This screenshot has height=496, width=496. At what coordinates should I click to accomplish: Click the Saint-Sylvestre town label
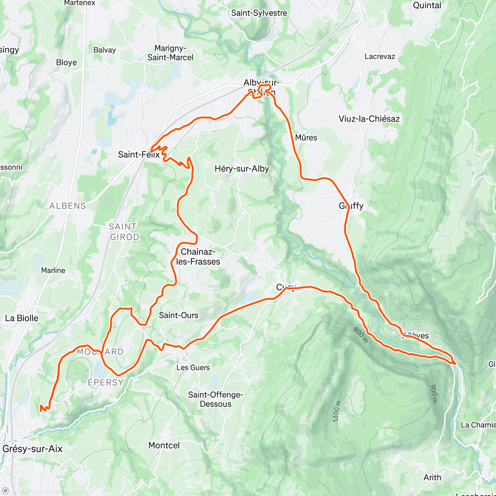[259, 13]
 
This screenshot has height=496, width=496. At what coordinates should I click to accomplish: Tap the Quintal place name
[427, 5]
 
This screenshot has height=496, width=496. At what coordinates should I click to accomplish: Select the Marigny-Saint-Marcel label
[170, 53]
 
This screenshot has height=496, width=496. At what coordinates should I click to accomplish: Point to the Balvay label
[105, 50]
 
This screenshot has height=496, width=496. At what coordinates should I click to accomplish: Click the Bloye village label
[67, 62]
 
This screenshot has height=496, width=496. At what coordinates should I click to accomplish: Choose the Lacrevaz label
[379, 57]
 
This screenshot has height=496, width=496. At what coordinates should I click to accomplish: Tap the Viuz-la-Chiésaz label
[369, 119]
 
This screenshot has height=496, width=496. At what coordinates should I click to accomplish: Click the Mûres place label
[306, 138]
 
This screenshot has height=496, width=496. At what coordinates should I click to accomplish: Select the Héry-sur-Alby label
[242, 169]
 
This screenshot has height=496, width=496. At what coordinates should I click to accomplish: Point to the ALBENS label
[67, 206]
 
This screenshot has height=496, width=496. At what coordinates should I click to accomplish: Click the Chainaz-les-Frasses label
[198, 257]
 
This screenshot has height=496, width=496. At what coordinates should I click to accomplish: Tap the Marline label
[53, 270]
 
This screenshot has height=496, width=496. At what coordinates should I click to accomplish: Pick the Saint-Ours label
[179, 315]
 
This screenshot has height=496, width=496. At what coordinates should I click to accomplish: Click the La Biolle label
[21, 318]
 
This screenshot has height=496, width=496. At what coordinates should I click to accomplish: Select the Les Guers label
[193, 367]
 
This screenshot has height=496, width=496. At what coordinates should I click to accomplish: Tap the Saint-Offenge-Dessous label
[215, 399]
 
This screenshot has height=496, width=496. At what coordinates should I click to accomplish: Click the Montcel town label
[164, 446]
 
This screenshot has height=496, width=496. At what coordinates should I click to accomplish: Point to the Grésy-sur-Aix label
[32, 449]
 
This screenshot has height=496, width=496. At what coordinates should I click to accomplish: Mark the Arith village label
[432, 477]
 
